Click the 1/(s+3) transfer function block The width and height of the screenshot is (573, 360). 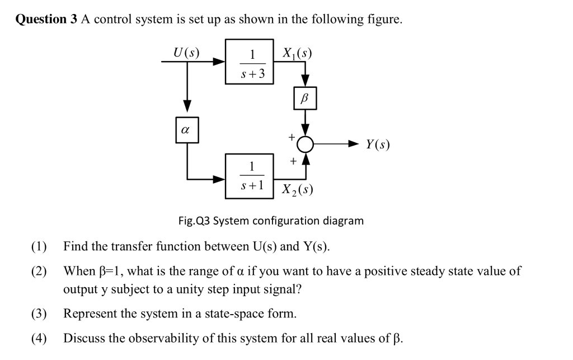[250, 61]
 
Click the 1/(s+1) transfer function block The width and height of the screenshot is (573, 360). [250, 176]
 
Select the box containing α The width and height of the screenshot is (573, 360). [187, 129]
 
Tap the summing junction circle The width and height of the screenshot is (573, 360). [305, 144]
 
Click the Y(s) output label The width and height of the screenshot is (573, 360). [378, 144]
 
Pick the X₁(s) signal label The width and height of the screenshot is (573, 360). [297, 53]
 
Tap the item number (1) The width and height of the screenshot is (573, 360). [39, 246]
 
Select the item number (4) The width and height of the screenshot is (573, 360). [39, 338]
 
